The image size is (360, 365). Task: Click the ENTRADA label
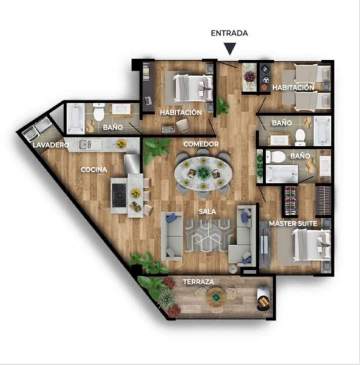(229, 33)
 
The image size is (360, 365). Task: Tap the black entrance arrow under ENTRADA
(230, 49)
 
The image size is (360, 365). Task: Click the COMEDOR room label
(201, 144)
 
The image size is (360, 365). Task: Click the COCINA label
(94, 170)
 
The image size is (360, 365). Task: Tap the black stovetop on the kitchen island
(119, 196)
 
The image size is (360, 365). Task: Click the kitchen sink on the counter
(85, 144)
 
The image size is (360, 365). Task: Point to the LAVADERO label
(51, 145)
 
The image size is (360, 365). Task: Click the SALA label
(207, 211)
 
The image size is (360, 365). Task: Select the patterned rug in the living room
(209, 236)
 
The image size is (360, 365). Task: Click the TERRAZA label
(198, 282)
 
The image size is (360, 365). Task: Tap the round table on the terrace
(216, 297)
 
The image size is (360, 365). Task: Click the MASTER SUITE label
(293, 224)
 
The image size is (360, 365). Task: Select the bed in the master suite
(312, 245)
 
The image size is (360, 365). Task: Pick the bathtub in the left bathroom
(76, 119)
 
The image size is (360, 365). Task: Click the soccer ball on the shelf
(266, 80)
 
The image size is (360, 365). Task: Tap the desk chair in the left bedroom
(183, 125)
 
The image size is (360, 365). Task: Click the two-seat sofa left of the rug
(171, 236)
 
